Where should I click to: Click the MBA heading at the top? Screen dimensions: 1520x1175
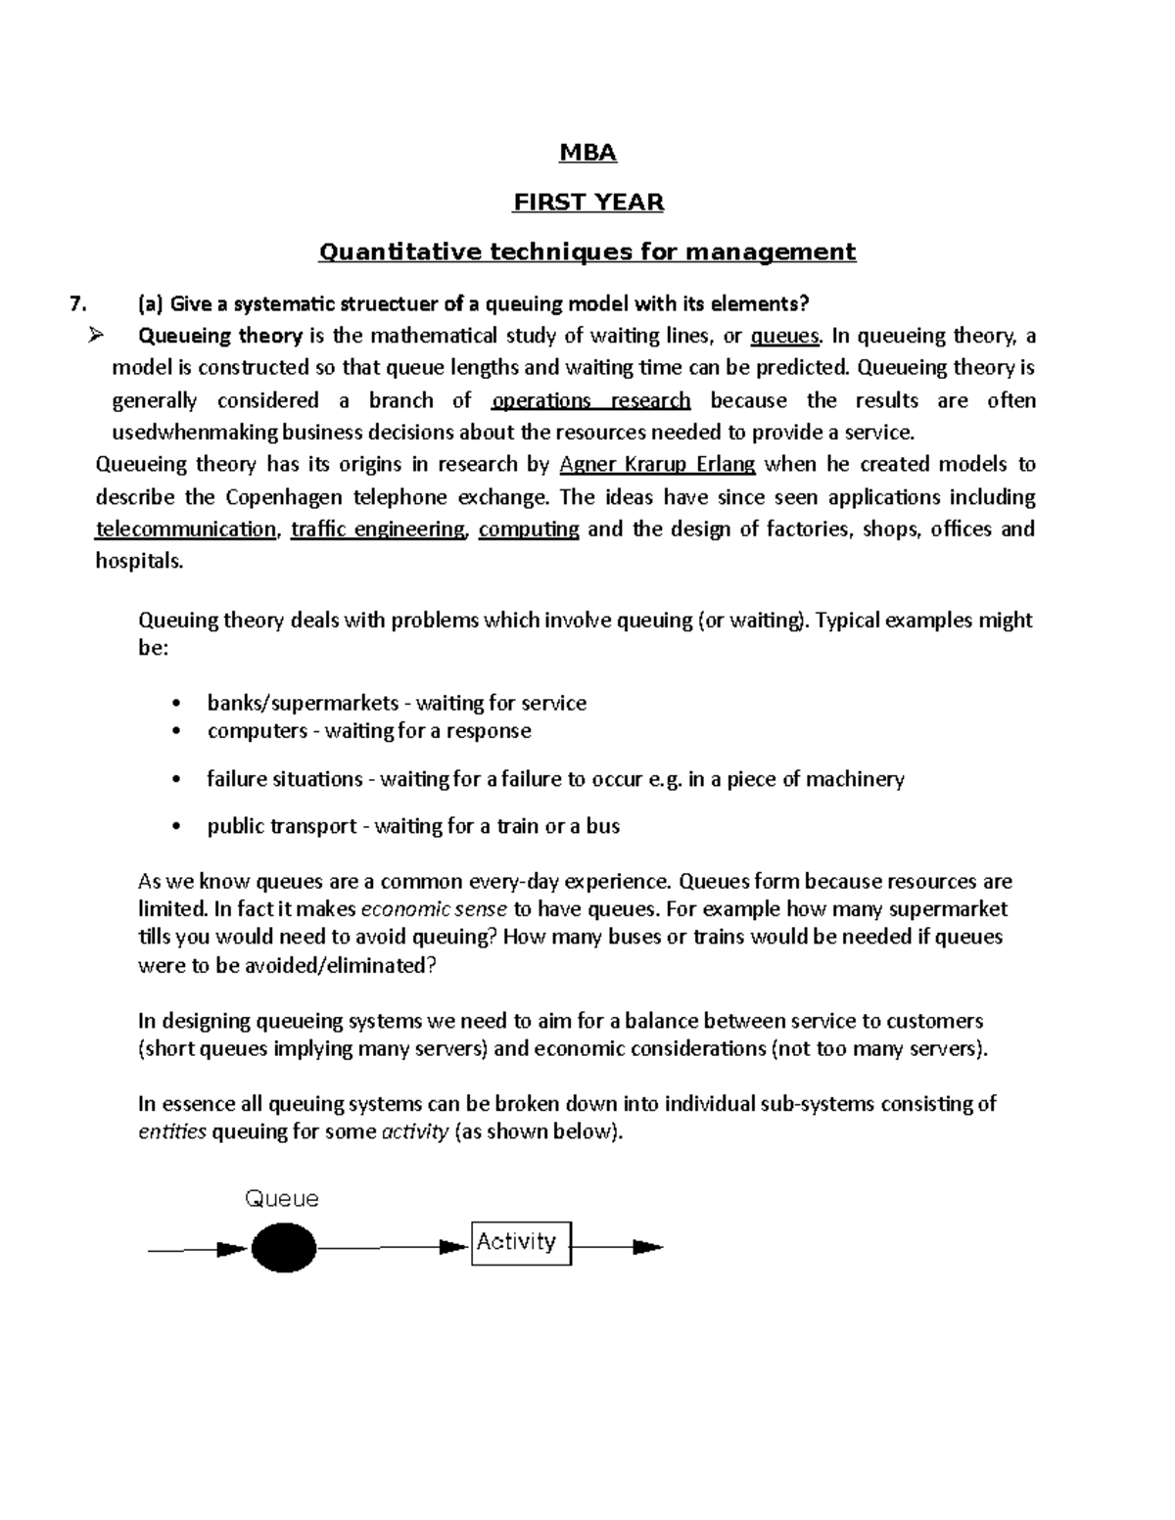tap(587, 153)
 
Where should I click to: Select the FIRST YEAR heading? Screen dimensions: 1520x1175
tap(588, 203)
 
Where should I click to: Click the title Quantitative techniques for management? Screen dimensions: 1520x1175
tap(587, 253)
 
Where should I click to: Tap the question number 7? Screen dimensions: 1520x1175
tap(78, 303)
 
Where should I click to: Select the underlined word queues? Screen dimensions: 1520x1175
tap(784, 337)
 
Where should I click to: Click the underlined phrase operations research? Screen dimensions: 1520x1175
tap(591, 400)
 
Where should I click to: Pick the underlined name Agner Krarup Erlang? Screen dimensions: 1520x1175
tap(656, 464)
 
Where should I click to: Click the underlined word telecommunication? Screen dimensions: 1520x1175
tap(185, 530)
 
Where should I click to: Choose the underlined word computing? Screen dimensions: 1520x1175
tap(529, 530)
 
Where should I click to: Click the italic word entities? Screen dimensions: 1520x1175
tap(172, 1132)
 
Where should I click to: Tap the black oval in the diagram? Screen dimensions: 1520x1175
tap(284, 1248)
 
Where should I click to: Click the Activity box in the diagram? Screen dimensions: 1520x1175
tap(521, 1242)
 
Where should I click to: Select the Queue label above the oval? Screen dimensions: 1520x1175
tap(281, 1199)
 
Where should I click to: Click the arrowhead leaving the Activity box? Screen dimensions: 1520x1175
tap(647, 1247)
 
